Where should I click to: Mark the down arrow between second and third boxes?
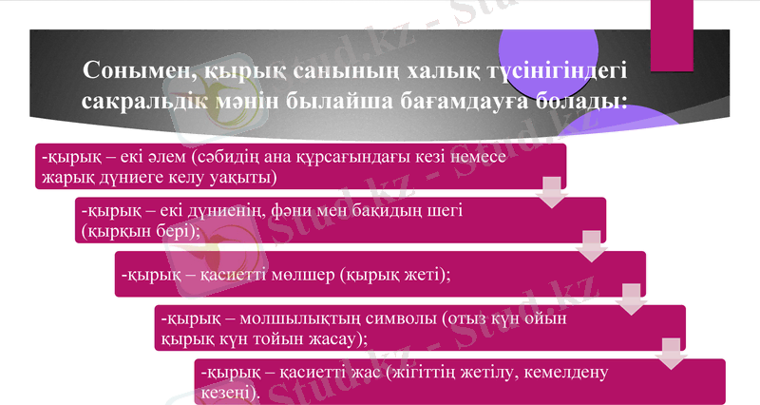click(x=592, y=246)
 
